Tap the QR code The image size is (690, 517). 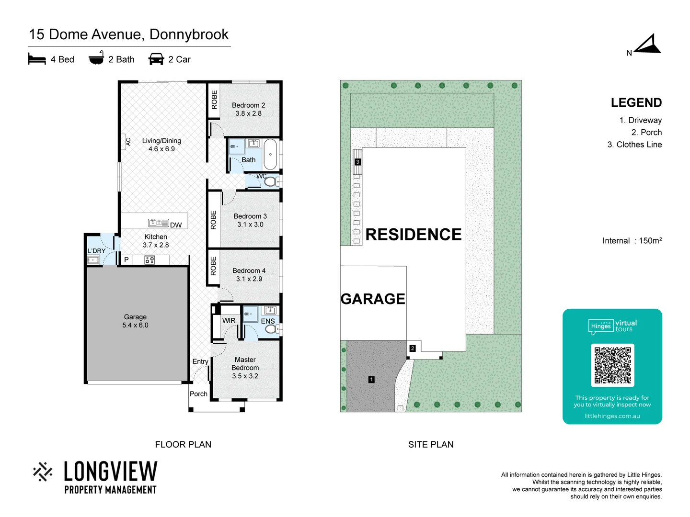pos(612,365)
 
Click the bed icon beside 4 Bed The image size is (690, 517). pos(37,59)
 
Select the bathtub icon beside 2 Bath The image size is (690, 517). pos(96,58)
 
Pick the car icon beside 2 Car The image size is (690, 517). pos(156,59)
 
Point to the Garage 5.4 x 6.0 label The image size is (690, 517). pos(135,321)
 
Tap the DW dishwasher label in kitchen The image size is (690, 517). pos(176,225)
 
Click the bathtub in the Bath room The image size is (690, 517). pos(271,154)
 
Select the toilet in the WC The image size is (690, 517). pos(271,181)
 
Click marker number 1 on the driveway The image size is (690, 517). pos(371,380)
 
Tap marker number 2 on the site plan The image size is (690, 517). pos(413,348)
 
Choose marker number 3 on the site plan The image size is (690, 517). pos(357,162)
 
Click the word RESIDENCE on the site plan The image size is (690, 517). pos(414,235)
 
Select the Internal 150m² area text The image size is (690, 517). pos(632,241)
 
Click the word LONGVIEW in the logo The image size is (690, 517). pos(111,472)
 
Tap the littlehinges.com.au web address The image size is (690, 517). pos(612,416)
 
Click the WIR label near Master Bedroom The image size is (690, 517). pos(229,321)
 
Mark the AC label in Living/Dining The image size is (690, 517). pos(128,142)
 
